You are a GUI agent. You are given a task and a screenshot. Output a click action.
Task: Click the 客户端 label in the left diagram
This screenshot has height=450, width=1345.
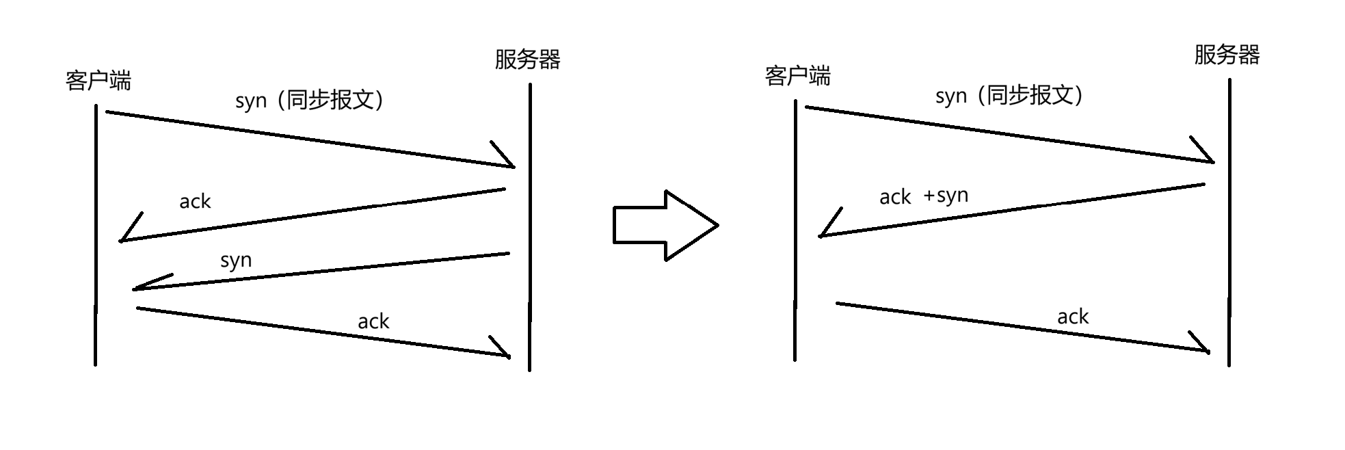click(98, 81)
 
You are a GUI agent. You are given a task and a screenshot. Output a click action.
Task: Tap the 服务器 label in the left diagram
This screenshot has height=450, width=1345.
click(527, 59)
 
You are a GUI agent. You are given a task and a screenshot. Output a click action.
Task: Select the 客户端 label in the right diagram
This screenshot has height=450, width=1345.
click(798, 76)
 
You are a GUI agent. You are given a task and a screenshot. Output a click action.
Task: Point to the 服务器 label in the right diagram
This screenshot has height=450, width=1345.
click(1227, 55)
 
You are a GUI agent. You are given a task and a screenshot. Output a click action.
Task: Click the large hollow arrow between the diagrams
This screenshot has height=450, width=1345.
click(665, 225)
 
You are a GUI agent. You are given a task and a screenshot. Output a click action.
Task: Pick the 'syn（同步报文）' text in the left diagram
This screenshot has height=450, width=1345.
click(310, 101)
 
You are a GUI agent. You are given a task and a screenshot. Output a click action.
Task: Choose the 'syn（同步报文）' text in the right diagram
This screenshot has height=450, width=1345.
click(1010, 96)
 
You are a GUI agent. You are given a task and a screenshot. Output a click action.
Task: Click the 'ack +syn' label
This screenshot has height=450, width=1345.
click(924, 196)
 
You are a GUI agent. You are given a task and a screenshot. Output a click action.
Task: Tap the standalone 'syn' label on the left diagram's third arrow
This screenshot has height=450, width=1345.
click(236, 261)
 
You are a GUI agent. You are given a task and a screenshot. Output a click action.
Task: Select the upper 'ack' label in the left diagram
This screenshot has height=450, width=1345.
click(195, 201)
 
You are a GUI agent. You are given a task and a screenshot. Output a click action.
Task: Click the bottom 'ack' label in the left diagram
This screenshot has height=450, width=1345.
click(373, 321)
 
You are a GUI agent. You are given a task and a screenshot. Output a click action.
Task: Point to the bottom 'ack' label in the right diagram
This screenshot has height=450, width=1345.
click(1073, 316)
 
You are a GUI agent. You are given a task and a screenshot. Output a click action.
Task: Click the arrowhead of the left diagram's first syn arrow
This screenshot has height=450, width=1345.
click(506, 157)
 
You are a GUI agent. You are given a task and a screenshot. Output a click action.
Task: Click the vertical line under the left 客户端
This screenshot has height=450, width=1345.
click(96, 235)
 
